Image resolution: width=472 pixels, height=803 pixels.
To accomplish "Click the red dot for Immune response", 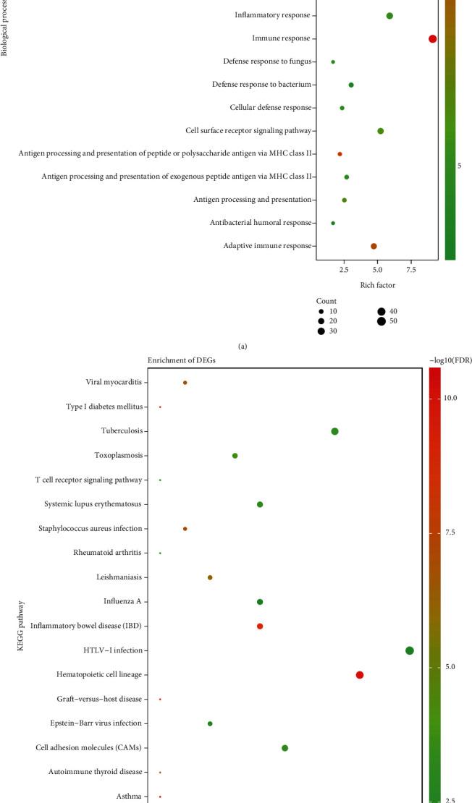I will (x=432, y=39).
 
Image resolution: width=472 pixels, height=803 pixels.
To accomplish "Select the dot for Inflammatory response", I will (x=389, y=16).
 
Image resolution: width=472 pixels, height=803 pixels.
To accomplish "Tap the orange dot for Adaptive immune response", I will (x=374, y=246).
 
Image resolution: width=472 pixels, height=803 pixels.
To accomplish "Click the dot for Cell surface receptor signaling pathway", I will (x=380, y=131).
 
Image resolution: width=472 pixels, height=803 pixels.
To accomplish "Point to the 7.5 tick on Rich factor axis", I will (x=410, y=270).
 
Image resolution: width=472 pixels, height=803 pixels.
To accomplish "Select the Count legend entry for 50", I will (x=382, y=320).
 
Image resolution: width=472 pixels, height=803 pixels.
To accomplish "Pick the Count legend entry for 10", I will (x=320, y=311).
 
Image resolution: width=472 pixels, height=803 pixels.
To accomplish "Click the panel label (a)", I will (x=243, y=346).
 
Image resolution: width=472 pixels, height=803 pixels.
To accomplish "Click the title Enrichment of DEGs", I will (x=181, y=360).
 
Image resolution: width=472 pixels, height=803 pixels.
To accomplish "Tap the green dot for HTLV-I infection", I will (x=410, y=650).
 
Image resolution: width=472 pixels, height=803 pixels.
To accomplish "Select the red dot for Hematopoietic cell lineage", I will (x=360, y=675).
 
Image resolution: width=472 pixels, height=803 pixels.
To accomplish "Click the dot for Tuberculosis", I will (x=334, y=431).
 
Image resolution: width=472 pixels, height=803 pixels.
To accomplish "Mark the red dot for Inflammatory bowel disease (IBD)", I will (x=260, y=626).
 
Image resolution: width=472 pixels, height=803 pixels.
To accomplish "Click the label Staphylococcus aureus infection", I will (x=90, y=529).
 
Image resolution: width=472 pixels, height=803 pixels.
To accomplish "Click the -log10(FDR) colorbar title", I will (x=449, y=360).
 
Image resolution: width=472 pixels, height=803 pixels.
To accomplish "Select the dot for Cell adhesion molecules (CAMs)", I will (x=285, y=748).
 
